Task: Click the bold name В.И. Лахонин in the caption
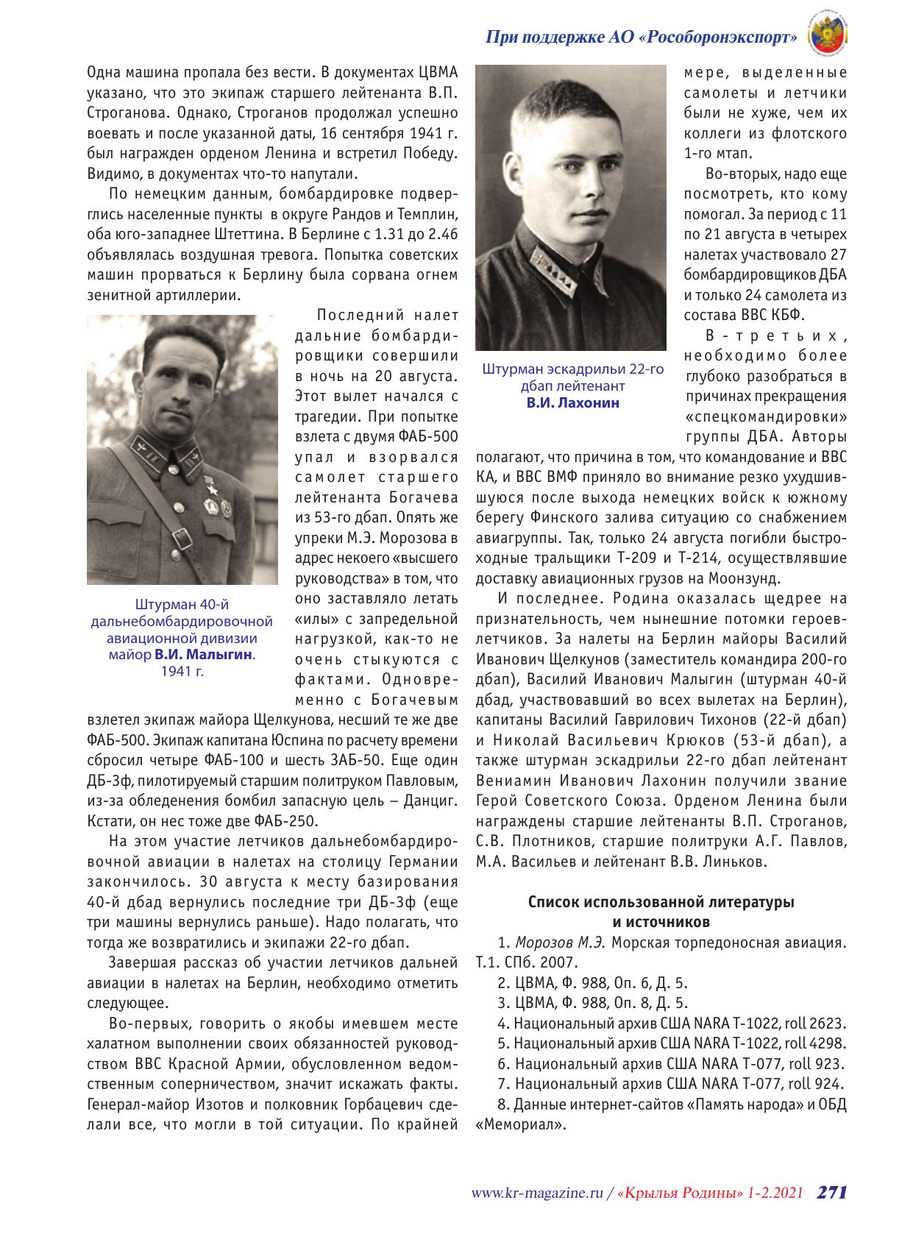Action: tap(572, 402)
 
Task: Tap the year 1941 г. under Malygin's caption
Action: tap(182, 671)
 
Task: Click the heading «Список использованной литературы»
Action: tap(661, 903)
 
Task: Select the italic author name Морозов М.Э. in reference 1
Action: tap(561, 942)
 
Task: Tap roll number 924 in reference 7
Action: tap(828, 1082)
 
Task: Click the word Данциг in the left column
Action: tap(430, 800)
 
